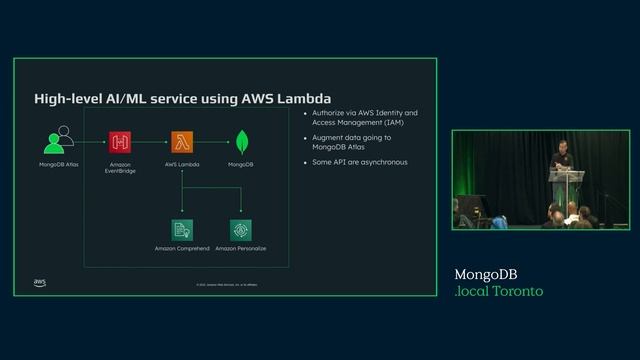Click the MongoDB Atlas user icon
[x=59, y=140]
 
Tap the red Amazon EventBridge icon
[x=121, y=141]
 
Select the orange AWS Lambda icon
[x=181, y=141]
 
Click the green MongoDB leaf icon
[x=241, y=141]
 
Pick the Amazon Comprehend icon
[x=181, y=229]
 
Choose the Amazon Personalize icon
[x=240, y=229]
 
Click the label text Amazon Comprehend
[x=181, y=248]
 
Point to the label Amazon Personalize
[x=240, y=248]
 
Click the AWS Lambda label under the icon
[x=181, y=162]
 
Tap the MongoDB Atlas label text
[x=59, y=162]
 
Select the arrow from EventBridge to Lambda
[x=151, y=141]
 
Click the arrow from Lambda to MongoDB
[x=211, y=141]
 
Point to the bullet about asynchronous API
[x=360, y=162]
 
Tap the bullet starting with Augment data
[x=350, y=142]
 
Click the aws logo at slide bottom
[x=39, y=283]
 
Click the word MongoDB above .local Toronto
[x=486, y=274]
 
